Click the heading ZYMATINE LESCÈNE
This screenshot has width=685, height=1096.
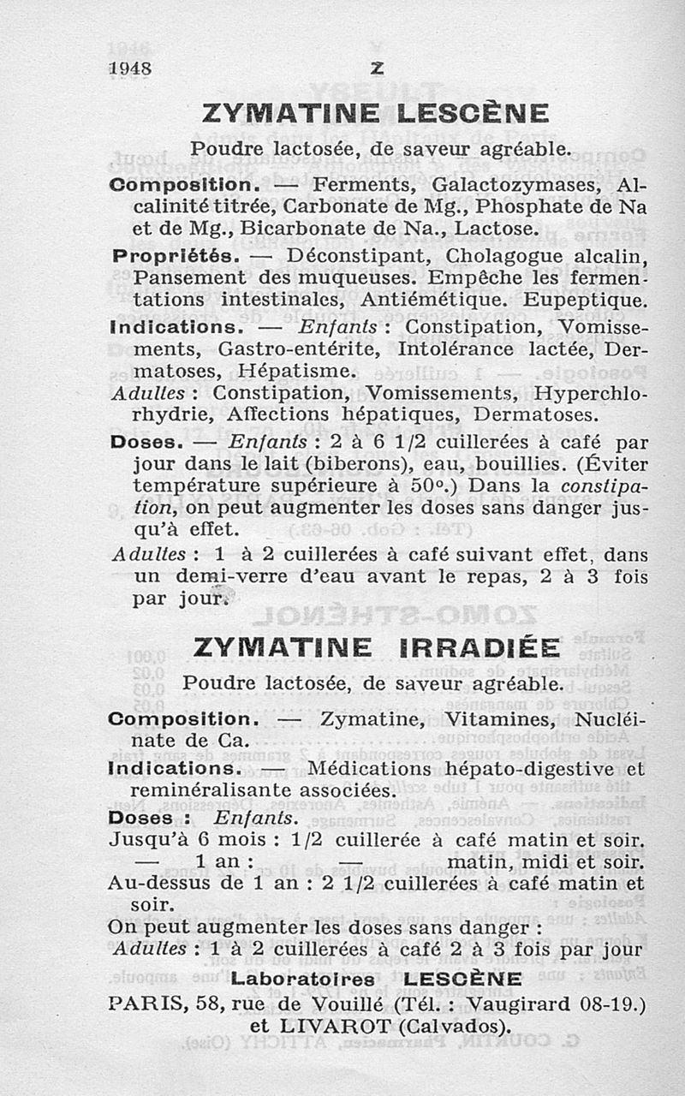375,114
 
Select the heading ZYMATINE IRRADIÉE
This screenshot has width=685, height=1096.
377,647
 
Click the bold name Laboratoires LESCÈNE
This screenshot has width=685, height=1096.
377,979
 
